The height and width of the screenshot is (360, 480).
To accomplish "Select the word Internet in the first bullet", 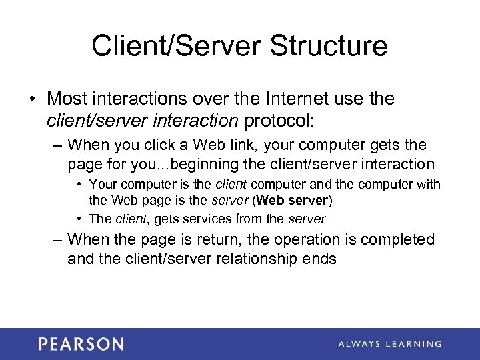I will coord(299,99).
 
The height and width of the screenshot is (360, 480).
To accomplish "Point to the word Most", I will coord(69,99).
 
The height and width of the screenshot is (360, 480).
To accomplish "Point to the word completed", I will coord(395,239).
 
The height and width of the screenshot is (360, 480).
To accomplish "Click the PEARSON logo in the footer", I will coord(81,344).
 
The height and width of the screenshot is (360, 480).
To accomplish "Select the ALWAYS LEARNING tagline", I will coord(389,344).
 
